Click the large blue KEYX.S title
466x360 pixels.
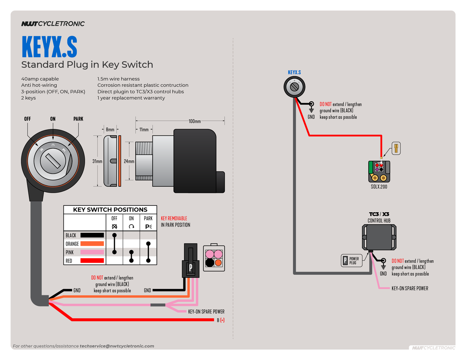49,47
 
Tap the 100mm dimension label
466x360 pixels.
194,121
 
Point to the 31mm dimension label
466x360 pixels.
97,161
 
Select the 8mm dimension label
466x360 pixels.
110,129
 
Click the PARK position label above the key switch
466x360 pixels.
78,119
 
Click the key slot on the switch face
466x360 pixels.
53,161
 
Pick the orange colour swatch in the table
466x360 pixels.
92,244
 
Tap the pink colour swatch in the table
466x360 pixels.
92,252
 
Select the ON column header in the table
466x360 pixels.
131,218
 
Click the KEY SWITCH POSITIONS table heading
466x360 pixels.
110,210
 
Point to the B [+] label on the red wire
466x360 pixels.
221,320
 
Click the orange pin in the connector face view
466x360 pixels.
218,263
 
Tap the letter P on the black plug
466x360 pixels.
191,267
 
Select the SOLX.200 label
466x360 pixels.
379,187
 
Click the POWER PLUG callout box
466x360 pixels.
352,261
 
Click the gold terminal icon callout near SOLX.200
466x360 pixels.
396,148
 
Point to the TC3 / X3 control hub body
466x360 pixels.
379,237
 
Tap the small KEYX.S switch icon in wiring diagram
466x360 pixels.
294,87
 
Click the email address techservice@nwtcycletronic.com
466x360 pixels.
117,346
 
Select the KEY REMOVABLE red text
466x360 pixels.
174,218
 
